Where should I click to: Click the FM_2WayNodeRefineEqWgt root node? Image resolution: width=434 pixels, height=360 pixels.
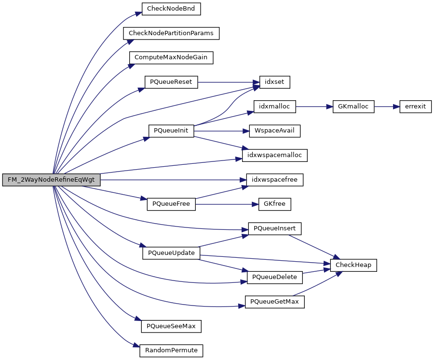[51, 180]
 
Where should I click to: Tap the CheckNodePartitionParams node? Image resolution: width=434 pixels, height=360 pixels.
[171, 33]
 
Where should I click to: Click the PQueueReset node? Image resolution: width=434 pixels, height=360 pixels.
[171, 82]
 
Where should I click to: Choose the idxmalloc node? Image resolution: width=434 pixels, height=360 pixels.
[274, 107]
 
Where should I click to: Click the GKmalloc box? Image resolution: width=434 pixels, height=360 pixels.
[353, 107]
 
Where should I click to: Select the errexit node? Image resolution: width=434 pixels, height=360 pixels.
[415, 107]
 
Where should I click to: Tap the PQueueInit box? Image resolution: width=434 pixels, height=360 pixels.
[171, 131]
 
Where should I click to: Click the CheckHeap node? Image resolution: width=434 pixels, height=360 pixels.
[353, 265]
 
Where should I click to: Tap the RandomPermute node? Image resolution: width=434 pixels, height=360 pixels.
[171, 350]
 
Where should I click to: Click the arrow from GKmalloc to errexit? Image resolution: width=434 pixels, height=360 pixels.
[387, 107]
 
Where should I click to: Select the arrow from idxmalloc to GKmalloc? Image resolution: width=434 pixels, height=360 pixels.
[314, 107]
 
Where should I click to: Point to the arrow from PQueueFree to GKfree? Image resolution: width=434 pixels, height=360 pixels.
[224, 204]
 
